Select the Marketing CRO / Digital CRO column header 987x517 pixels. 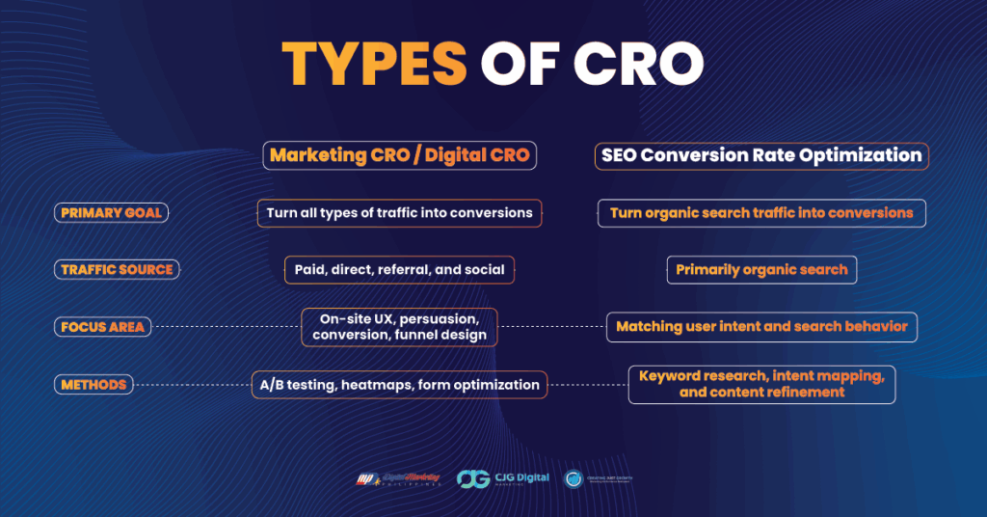coord(399,155)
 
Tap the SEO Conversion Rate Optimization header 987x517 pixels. coord(761,155)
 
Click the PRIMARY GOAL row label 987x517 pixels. coord(111,212)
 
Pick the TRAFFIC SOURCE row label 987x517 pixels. coord(117,270)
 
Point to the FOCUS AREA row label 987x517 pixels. coord(102,327)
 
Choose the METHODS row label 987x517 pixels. coord(93,385)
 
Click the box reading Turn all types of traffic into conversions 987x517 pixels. coord(399,212)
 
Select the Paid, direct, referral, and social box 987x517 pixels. coord(399,270)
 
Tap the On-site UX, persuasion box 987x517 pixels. coord(399,327)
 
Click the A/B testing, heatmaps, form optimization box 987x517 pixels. coord(399,385)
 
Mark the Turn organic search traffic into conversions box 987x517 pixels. coord(761,212)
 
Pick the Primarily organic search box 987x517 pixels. coord(761,270)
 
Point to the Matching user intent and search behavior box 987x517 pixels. coord(761,327)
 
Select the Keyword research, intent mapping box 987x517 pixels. coord(761,385)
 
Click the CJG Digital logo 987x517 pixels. coord(502,478)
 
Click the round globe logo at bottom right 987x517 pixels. coord(574,478)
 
